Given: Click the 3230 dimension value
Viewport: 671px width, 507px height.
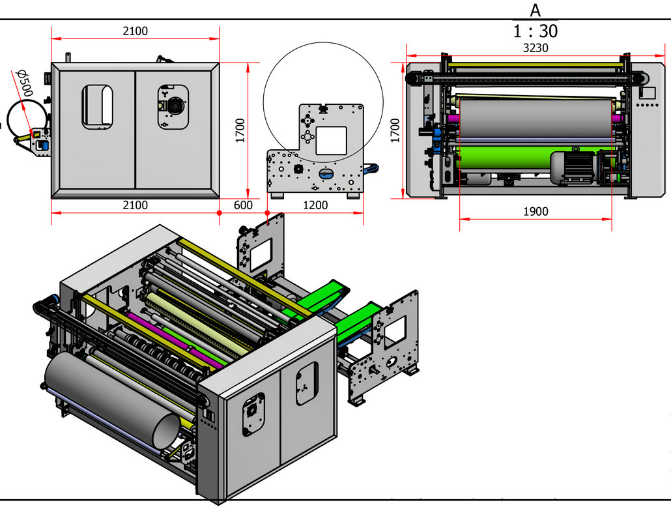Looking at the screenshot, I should pyautogui.click(x=535, y=48).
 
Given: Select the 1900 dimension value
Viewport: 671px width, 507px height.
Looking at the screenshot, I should pyautogui.click(x=535, y=211).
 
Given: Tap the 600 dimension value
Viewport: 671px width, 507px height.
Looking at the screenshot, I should pyautogui.click(x=242, y=205).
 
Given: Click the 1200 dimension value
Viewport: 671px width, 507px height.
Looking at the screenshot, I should pyautogui.click(x=315, y=205).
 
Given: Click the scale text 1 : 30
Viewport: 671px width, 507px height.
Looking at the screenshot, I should pyautogui.click(x=535, y=31).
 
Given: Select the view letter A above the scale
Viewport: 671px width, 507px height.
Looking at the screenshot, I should pyautogui.click(x=535, y=10).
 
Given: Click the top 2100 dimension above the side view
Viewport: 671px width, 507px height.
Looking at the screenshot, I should pyautogui.click(x=135, y=31).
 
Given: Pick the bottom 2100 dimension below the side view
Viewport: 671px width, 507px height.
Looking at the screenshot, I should pyautogui.click(x=135, y=205).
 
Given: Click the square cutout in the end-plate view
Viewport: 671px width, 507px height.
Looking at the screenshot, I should pyautogui.click(x=331, y=141).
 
